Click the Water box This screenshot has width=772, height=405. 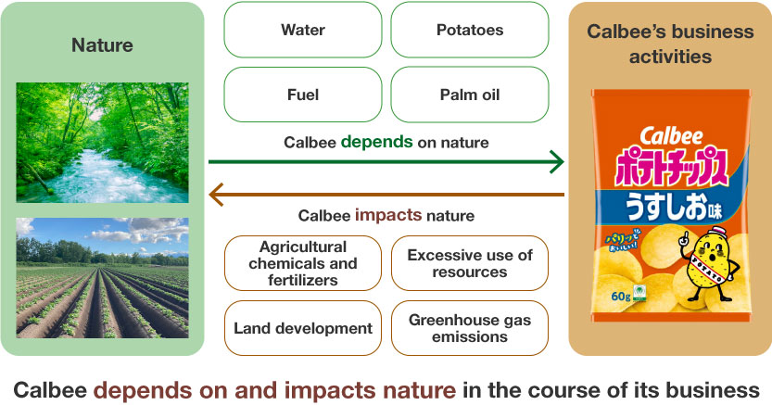coord(303,30)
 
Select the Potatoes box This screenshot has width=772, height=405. coord(470,30)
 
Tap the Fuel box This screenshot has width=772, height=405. coord(303,95)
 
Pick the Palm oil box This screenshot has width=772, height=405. coord(470,95)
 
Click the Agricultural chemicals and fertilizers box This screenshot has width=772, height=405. coord(303,263)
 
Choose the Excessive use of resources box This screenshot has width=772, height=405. coord(470,263)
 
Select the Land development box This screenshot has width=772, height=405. coord(303,328)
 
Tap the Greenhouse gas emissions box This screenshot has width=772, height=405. coord(470,328)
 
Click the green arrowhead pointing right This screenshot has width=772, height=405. coord(558,162)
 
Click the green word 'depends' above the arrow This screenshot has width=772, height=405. coord(376,142)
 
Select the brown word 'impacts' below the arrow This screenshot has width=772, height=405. coord(388,215)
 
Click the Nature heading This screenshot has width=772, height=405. coord(102,45)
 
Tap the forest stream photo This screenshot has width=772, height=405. coord(102,142)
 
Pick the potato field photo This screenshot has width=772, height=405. coord(102,277)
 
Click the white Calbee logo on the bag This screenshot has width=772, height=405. coord(671,136)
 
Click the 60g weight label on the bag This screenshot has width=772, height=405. coord(621,296)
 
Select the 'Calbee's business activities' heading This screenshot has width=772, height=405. coord(670,44)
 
